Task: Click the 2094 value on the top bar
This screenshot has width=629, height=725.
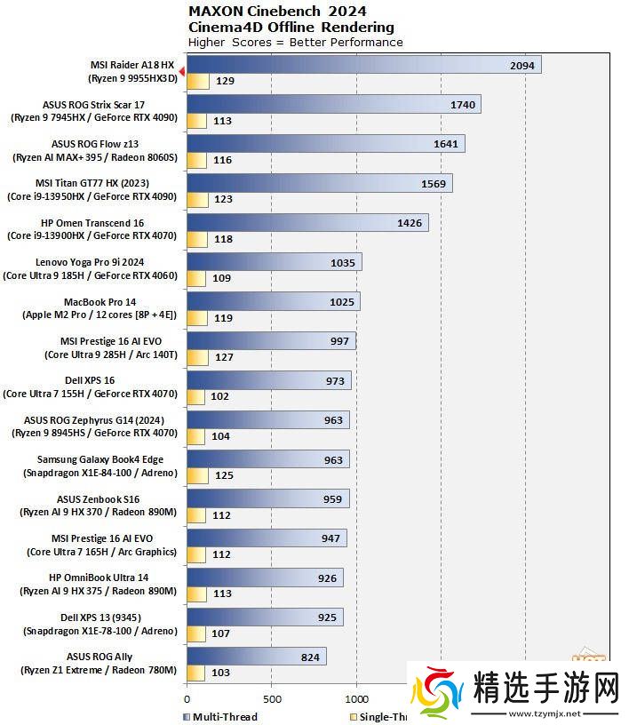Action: (522, 66)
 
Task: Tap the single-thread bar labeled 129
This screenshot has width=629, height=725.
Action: (197, 82)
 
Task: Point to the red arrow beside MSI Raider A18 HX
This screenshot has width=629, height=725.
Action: (181, 71)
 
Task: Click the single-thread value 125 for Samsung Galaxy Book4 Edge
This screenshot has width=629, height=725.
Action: (224, 475)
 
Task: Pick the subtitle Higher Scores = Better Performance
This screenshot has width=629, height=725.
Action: (295, 42)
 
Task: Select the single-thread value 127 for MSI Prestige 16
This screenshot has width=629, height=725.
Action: (224, 357)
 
